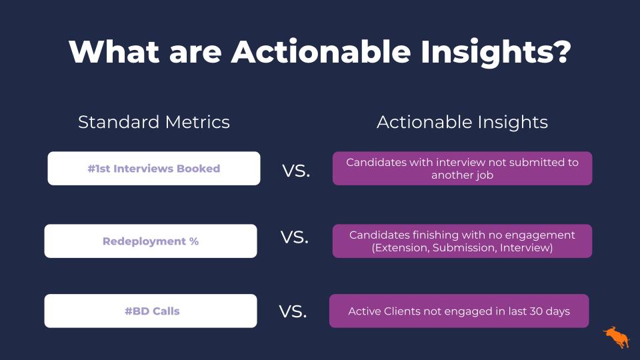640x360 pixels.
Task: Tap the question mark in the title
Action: (559, 51)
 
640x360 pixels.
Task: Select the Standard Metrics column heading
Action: (154, 122)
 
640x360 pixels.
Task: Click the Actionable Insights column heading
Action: (462, 123)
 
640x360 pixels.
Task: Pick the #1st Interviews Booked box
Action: (154, 169)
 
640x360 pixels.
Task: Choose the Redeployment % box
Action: (151, 241)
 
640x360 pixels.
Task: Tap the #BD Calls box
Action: (151, 311)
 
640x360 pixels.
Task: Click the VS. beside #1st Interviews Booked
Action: (296, 171)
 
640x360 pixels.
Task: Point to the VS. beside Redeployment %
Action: (294, 237)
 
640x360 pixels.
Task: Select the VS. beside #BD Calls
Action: (293, 311)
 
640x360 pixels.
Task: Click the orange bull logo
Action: (616, 337)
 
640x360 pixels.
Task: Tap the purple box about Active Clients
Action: (459, 311)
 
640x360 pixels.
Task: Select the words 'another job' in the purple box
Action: (463, 175)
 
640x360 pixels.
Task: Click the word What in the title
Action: (114, 52)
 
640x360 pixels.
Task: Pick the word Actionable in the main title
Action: (321, 52)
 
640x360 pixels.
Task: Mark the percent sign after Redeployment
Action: (194, 241)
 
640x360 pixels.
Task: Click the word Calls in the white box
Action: (166, 311)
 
